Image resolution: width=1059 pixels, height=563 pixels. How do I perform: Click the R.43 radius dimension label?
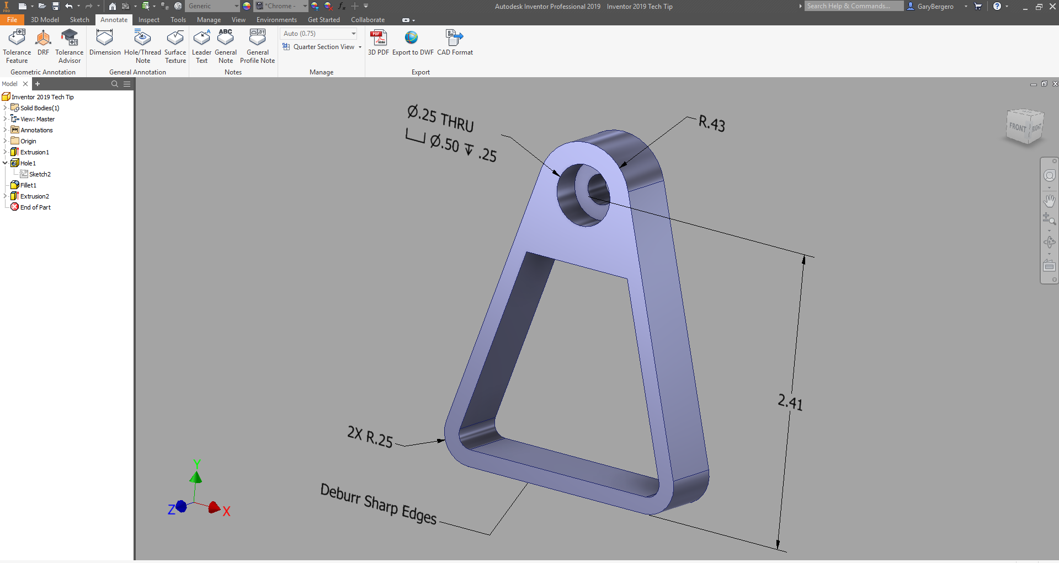coord(712,123)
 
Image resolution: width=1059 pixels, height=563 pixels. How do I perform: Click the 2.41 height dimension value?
coord(790,402)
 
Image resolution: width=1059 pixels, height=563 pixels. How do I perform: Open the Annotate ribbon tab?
coord(114,20)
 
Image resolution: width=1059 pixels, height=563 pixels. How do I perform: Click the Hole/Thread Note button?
coord(142,46)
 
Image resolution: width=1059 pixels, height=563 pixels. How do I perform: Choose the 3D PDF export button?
coord(378,43)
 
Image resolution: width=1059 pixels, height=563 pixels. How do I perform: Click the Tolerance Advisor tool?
coord(70,46)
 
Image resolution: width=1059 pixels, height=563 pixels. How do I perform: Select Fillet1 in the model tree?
coord(28,185)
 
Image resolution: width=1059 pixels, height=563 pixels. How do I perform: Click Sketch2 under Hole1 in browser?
coord(40,174)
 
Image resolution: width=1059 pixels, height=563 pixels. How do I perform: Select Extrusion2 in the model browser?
coord(34,196)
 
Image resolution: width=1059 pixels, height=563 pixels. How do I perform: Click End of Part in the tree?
coord(35,207)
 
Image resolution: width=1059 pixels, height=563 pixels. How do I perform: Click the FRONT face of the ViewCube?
coord(1018,127)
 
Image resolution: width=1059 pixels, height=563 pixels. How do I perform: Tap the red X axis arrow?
coord(214,507)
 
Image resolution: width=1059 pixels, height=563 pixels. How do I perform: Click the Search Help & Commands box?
coord(853,6)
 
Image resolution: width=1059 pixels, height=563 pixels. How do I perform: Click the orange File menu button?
coord(12,20)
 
